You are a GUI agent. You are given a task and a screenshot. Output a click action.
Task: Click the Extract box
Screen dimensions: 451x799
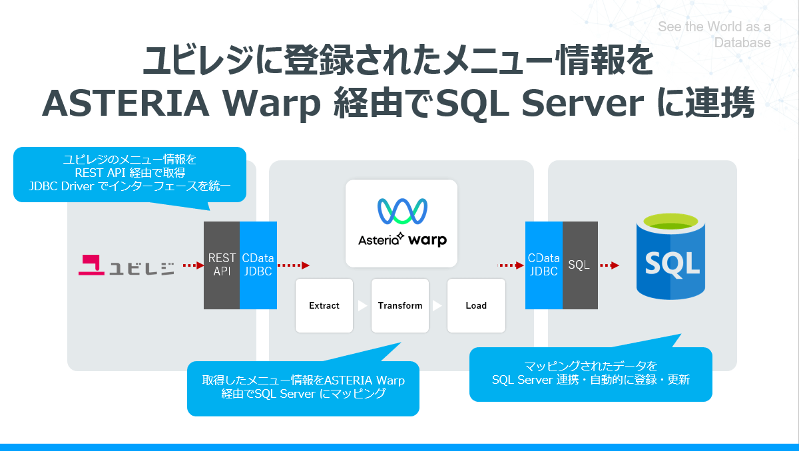(x=324, y=306)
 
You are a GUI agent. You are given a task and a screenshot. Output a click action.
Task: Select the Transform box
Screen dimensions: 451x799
(x=400, y=306)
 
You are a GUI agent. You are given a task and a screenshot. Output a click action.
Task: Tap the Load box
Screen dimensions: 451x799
(x=476, y=306)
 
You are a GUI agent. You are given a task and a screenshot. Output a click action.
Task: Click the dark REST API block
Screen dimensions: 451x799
(x=222, y=265)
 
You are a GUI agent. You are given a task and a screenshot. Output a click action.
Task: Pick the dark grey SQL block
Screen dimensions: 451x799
(x=579, y=265)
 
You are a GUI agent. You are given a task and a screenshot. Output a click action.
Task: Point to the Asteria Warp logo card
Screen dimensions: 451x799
(x=401, y=224)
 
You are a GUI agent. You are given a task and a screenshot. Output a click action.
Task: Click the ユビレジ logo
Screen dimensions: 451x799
(x=127, y=265)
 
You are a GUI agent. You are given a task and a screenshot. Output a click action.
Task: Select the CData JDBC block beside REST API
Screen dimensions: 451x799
(x=258, y=265)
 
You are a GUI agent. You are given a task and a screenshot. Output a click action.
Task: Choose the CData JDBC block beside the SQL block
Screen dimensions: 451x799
(x=543, y=265)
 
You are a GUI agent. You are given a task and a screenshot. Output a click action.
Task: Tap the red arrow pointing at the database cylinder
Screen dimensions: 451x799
(x=609, y=265)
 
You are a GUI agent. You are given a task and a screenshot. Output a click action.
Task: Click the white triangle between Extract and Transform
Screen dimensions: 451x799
(x=362, y=306)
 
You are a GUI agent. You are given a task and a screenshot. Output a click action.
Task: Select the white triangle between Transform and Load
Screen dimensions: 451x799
(x=437, y=306)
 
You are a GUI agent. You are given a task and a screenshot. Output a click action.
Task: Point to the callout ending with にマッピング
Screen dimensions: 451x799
(x=303, y=388)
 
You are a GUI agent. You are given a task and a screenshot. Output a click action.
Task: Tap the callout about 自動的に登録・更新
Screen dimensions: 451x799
(x=591, y=374)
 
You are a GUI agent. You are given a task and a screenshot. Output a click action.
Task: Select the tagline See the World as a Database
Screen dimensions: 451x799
(x=714, y=35)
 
